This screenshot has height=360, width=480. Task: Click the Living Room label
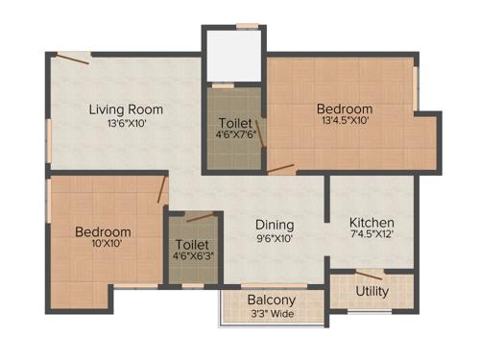126,109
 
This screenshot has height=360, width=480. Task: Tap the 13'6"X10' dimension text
126,123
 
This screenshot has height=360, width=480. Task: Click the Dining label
275,225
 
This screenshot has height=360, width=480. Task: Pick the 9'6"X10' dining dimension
275,238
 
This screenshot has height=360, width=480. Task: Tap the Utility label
372,291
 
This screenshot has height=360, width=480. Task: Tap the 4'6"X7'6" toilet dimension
235,136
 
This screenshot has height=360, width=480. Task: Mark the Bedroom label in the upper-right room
345,108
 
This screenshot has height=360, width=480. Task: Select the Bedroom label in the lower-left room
104,231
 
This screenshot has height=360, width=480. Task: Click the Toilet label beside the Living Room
235,123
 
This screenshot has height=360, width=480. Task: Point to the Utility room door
369,276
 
